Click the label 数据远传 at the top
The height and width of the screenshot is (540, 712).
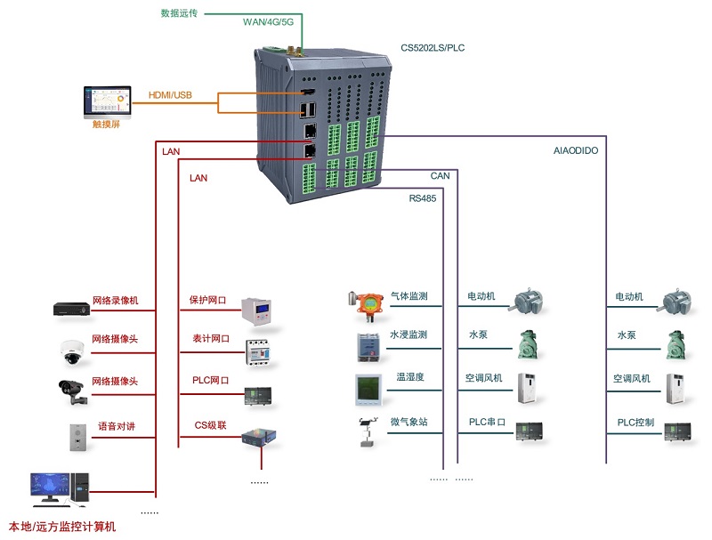179,13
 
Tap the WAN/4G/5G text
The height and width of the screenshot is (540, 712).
268,22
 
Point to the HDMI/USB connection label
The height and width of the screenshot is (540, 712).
170,95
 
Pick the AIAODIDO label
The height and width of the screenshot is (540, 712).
576,151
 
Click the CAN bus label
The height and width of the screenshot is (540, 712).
440,176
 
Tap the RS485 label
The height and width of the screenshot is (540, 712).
423,198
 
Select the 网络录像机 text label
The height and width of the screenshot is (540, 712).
115,301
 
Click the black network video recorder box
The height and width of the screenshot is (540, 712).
72,309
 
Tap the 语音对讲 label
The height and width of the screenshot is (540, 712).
117,426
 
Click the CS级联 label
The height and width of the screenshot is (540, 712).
210,425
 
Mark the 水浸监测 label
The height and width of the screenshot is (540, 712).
409,335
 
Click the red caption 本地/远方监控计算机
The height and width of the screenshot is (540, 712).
62,527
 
